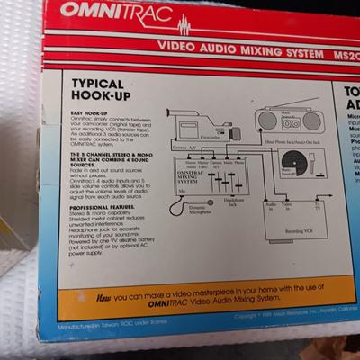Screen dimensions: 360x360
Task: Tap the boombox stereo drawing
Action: [x=286, y=120]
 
